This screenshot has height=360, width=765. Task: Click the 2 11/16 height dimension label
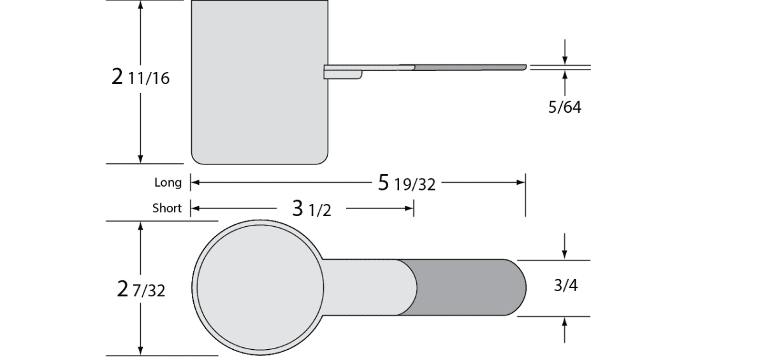point(140,78)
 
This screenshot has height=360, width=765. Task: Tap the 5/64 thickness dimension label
point(565,107)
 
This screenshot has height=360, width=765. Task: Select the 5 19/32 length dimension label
point(407,184)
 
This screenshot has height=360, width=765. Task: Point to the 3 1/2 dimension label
point(312,209)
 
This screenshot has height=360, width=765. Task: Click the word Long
point(168,183)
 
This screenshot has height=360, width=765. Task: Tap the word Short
point(167,208)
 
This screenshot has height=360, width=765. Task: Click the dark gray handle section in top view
point(465,287)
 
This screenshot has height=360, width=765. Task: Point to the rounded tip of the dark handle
point(520,287)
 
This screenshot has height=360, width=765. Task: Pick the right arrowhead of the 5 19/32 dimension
point(521,183)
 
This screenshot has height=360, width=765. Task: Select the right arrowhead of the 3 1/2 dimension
point(410,208)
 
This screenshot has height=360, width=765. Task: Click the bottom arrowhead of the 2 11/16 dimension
point(140,159)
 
